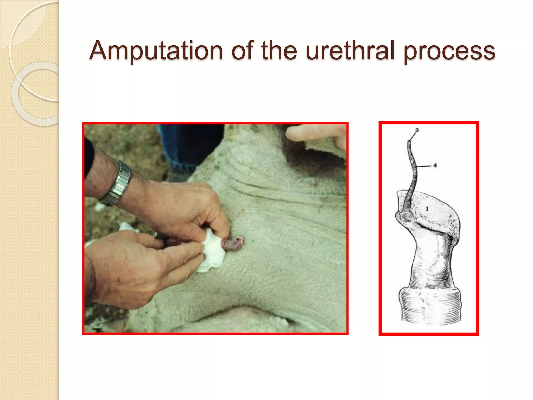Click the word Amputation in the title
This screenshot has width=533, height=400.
pos(156,51)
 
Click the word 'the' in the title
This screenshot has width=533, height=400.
pos(279,51)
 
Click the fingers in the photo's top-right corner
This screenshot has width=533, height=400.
pos(318,135)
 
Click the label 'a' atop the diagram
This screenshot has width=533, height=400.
pos(417,129)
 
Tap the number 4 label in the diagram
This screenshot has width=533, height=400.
pos(435,165)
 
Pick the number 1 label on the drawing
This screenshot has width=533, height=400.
pos(427,209)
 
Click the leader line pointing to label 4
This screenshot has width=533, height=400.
pos(424,166)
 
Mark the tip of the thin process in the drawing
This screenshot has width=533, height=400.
pos(409,142)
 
